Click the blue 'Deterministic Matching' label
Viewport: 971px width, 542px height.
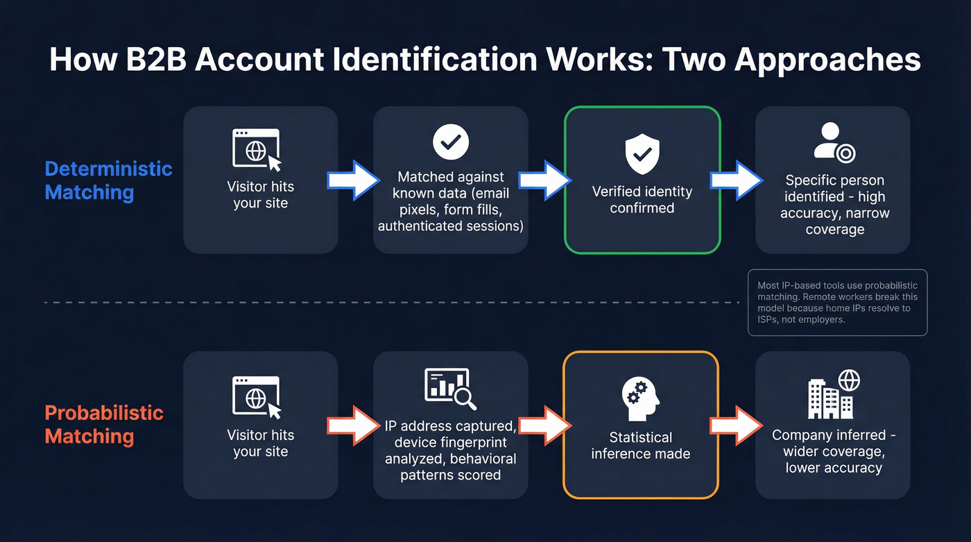(x=108, y=180)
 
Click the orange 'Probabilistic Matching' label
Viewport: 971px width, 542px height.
(x=104, y=424)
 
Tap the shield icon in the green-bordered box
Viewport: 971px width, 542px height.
(x=642, y=155)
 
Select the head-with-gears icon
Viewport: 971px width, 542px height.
(x=641, y=399)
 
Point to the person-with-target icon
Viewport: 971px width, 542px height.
(x=834, y=143)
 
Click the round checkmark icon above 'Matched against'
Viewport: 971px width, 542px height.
(x=451, y=142)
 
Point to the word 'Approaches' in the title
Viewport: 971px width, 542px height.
(x=827, y=60)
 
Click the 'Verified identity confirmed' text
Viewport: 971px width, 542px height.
(x=642, y=199)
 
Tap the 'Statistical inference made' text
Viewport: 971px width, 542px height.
(x=640, y=446)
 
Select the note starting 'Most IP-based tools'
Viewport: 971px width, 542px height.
(x=837, y=303)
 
